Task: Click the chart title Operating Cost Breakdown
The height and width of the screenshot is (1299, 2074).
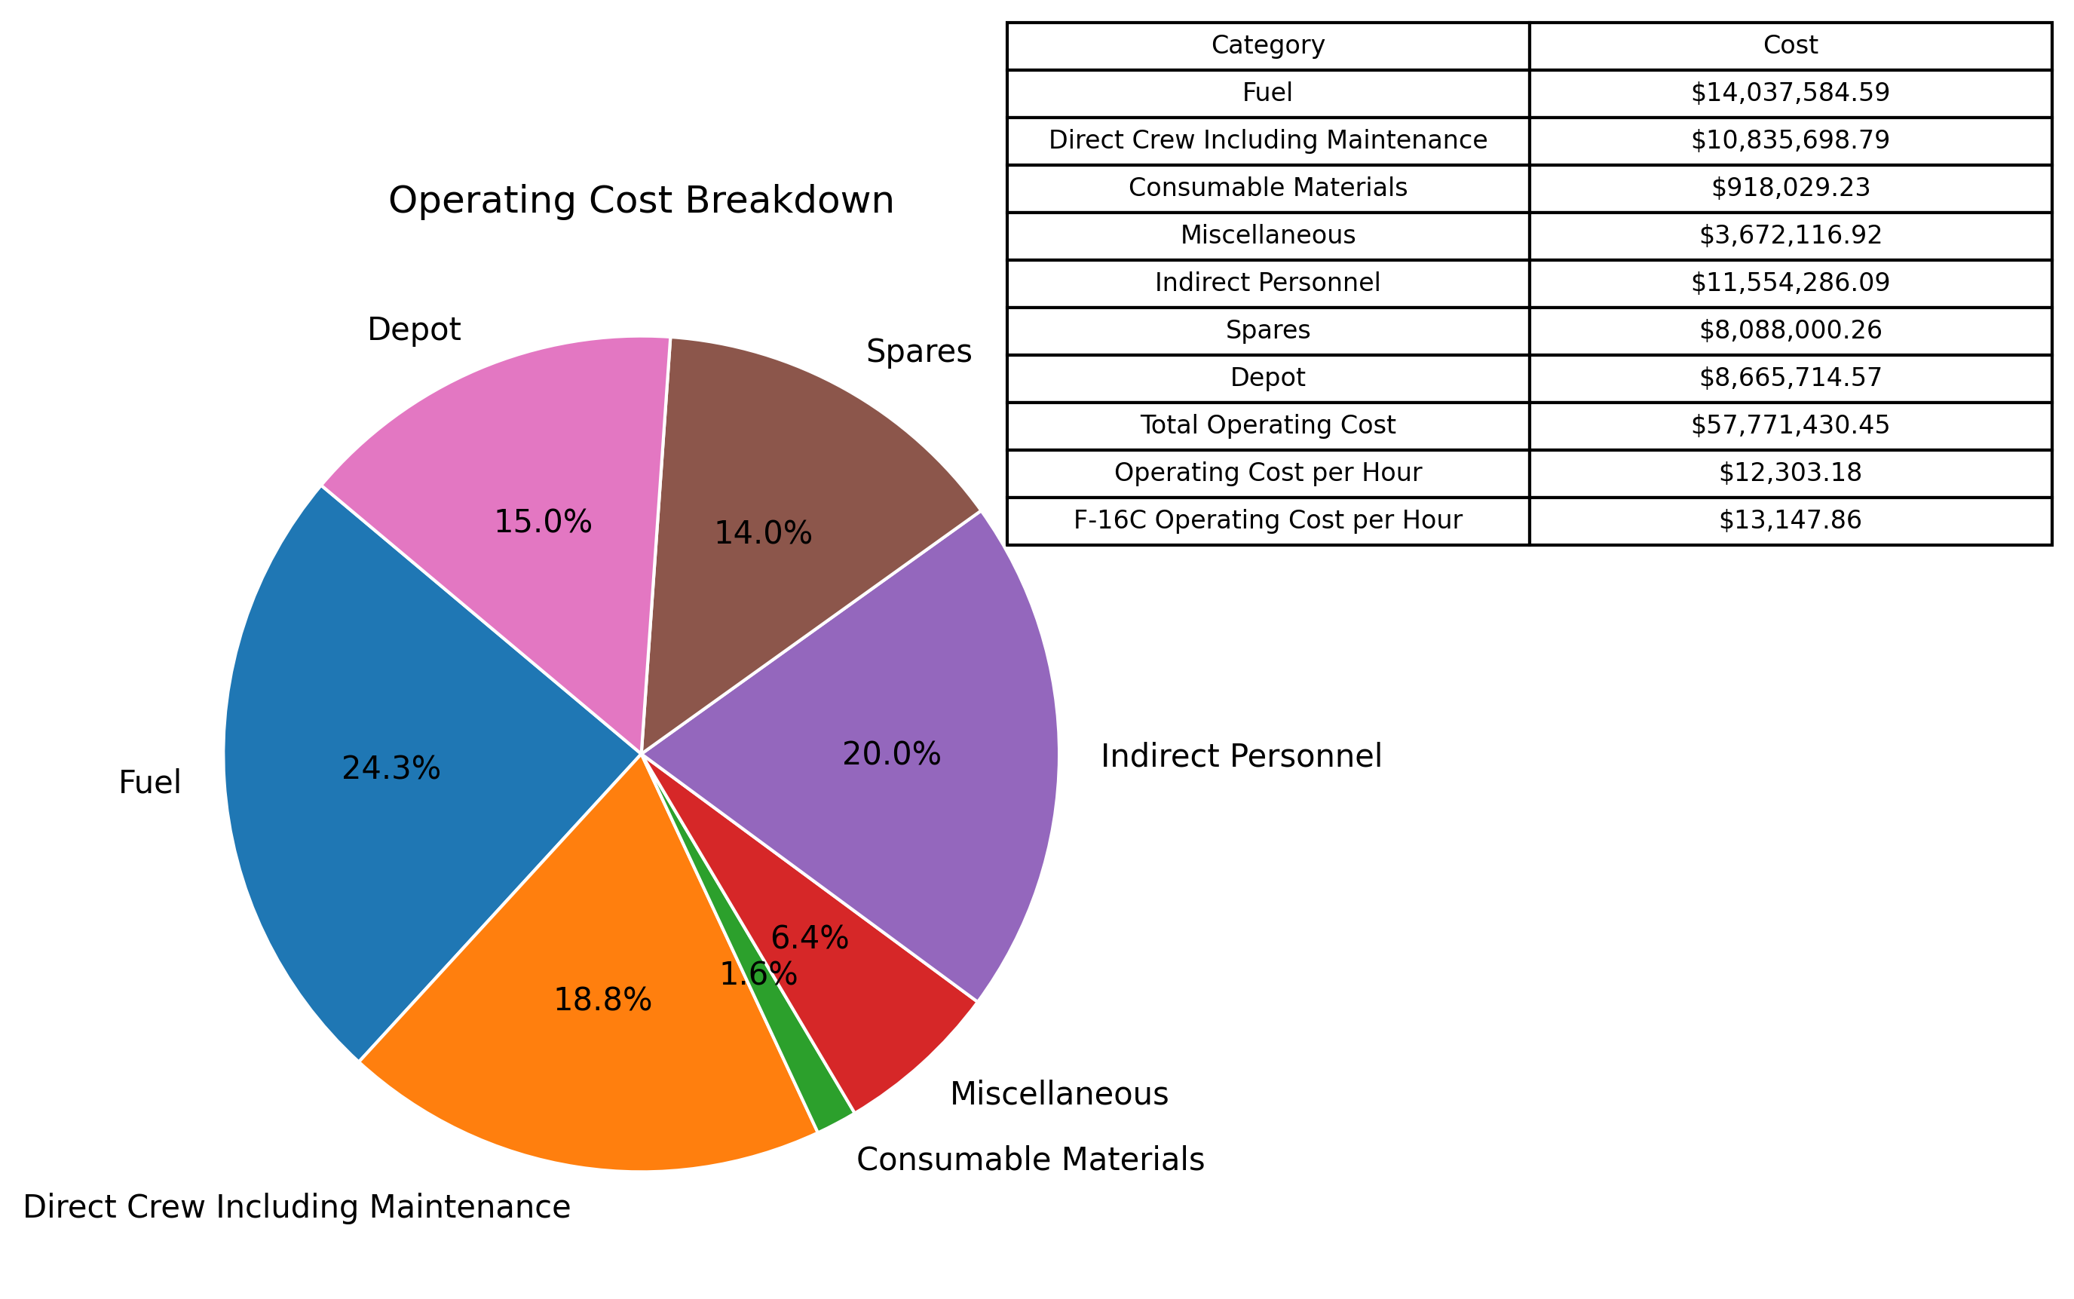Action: [641, 201]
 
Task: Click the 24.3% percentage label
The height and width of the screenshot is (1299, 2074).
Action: [391, 767]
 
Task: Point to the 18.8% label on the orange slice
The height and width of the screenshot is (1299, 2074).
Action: [602, 999]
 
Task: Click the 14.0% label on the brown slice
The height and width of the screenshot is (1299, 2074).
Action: [763, 534]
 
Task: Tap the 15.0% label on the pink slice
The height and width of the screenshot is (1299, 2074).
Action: [543, 522]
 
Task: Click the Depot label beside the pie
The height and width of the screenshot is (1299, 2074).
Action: [413, 329]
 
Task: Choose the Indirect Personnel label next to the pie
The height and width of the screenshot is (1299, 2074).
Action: [1241, 755]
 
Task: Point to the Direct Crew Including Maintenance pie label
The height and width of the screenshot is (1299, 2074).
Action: [296, 1206]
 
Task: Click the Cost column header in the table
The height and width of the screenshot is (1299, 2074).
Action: [1790, 45]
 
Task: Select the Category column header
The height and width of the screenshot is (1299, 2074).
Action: [1267, 45]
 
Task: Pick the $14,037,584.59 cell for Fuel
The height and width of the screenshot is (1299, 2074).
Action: [1790, 93]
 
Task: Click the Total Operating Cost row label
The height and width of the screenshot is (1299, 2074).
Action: [1267, 425]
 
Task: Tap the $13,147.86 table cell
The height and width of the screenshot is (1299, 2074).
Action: [1790, 519]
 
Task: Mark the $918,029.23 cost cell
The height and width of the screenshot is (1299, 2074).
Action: [1790, 187]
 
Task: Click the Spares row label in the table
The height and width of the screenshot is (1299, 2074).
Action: [1267, 330]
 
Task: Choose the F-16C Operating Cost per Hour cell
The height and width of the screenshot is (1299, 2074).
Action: [1267, 519]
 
